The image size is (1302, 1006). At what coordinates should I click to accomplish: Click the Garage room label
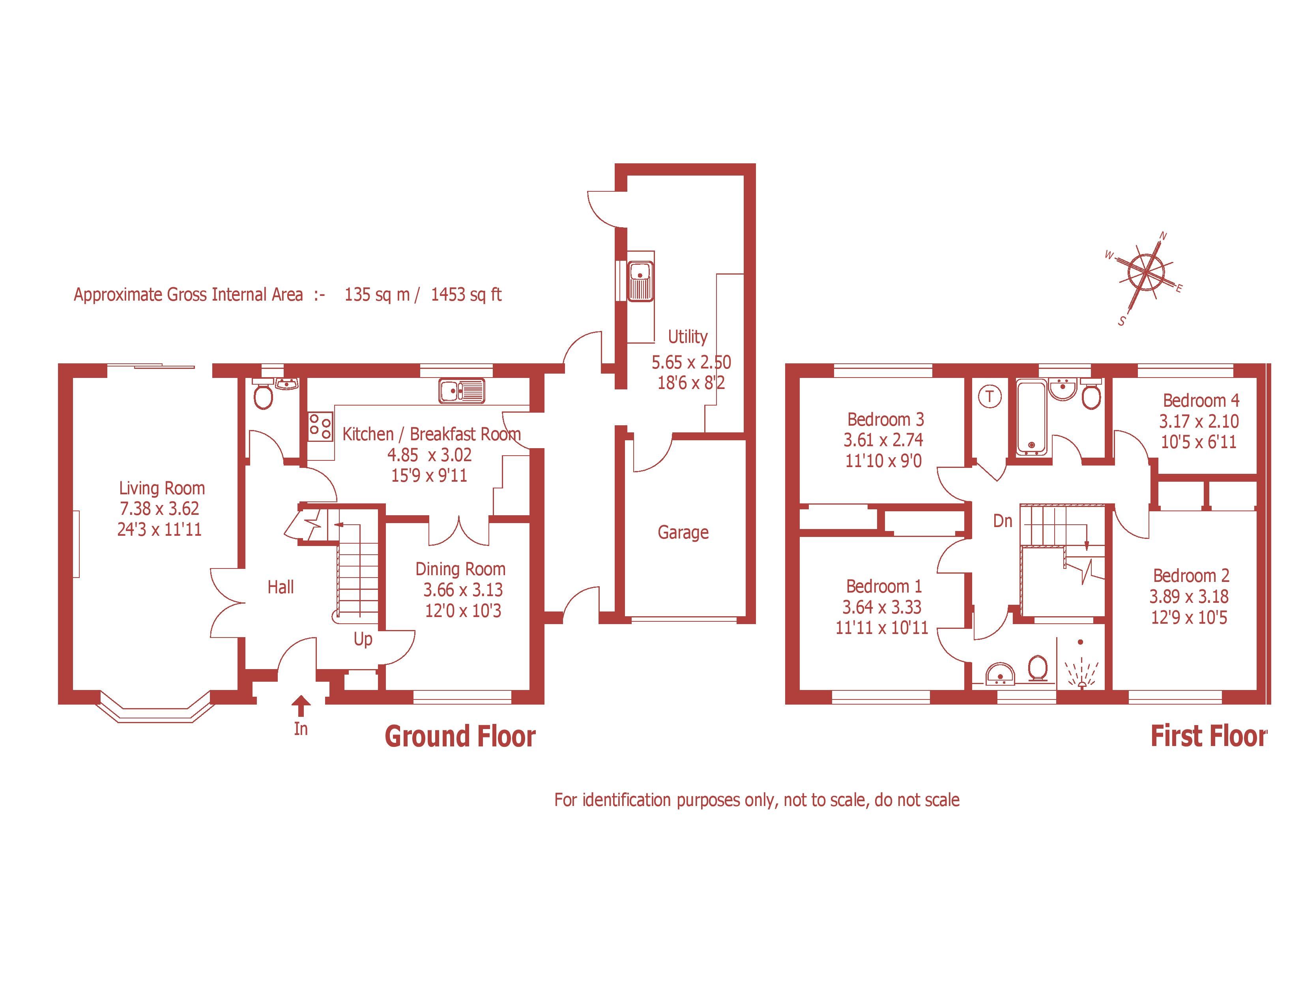[683, 532]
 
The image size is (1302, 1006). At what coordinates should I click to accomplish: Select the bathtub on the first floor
[1031, 415]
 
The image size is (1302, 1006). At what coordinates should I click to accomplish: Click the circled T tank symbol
[990, 396]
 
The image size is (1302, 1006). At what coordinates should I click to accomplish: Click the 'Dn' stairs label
[1003, 522]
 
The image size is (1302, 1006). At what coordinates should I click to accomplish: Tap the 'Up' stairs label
[363, 640]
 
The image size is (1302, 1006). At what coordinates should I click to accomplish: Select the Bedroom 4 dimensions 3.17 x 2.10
[1199, 421]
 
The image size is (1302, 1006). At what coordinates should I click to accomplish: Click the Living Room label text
[161, 488]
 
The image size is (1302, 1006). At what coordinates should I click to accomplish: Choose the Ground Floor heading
[460, 737]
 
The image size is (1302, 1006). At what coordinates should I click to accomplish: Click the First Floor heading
[1208, 736]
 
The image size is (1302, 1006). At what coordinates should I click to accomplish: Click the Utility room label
[687, 337]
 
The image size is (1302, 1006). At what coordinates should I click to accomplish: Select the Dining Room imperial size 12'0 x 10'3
[463, 611]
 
